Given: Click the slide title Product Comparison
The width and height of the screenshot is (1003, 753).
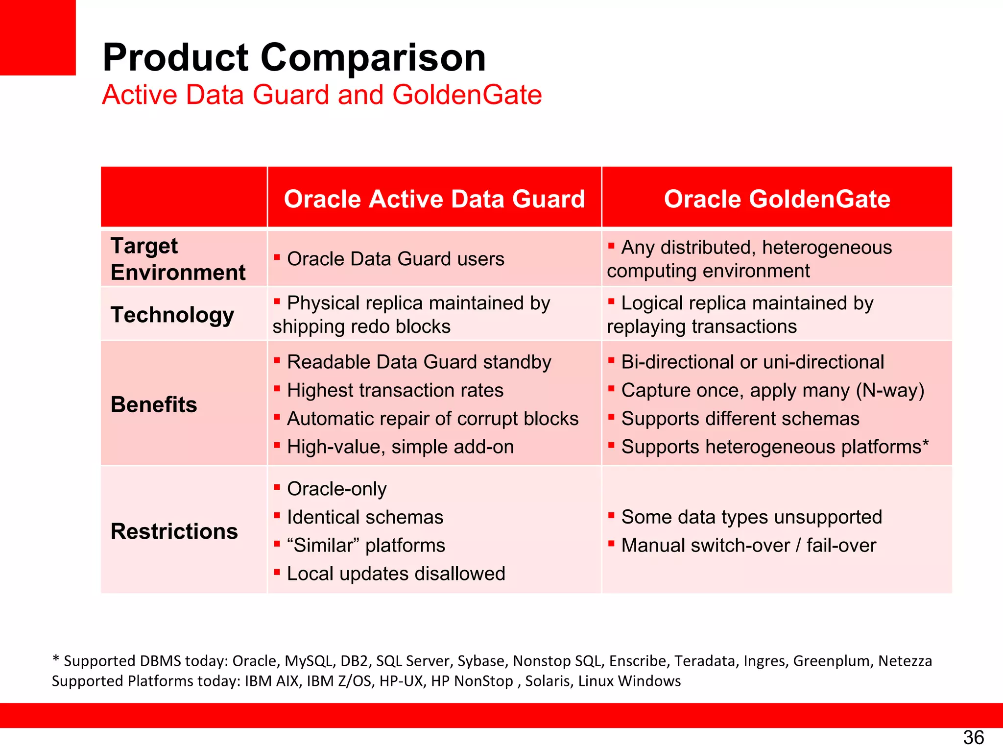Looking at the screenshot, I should coord(294,57).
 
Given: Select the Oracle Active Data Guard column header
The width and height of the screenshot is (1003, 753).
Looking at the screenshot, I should coord(434,199).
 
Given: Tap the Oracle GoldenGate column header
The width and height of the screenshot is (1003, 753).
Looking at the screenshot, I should coord(777,199).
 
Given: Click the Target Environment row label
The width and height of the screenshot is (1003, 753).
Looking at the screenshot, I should coord(178,259).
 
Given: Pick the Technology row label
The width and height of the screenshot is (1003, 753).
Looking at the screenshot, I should coord(172,315).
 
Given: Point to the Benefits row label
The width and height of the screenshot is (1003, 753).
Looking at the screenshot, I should coord(154,405).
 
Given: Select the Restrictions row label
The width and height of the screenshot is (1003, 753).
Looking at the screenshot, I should coord(174,531).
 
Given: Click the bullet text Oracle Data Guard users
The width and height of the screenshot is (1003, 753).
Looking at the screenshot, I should coord(395,259).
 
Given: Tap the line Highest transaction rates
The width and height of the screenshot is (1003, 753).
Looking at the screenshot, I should coord(395,391).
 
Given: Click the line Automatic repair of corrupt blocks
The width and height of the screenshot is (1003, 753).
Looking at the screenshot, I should coord(432,419).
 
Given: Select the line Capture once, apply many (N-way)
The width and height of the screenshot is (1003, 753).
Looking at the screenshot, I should coord(772,391).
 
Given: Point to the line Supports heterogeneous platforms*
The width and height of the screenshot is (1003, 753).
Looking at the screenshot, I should coord(774,447).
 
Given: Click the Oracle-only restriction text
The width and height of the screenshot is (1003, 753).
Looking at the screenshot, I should coord(336,489).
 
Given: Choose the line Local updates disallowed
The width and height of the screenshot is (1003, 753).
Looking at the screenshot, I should coord(396,574).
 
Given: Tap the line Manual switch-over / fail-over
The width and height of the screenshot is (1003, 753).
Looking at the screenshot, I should coord(748,546).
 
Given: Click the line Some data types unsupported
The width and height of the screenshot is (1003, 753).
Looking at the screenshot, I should coord(751,518).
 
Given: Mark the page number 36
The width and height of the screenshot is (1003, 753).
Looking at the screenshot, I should coord(973,737).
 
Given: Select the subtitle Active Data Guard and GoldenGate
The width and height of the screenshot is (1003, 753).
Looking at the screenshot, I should coord(322,95).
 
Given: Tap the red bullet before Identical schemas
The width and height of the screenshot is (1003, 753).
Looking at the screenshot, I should coord(277,515).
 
